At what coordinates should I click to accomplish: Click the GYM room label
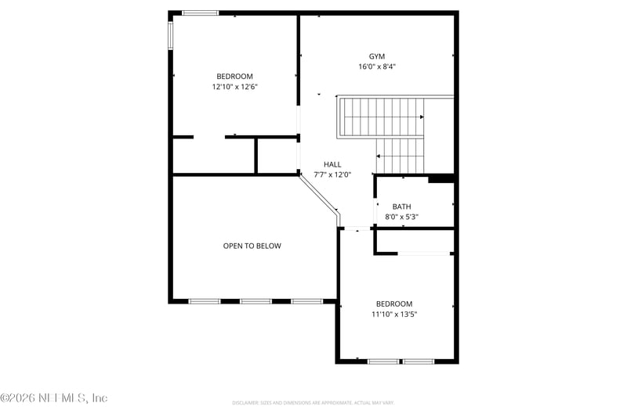[x=377, y=56]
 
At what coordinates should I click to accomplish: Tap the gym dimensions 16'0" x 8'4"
[x=377, y=67]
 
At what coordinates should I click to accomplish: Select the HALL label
[x=332, y=164]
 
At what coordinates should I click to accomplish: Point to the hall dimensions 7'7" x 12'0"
[x=332, y=174]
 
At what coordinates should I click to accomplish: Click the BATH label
[x=401, y=207]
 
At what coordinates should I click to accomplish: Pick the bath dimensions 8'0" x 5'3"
[x=401, y=217]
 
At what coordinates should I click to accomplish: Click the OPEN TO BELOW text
[x=252, y=246]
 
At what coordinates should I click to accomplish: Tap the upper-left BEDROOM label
[x=234, y=77]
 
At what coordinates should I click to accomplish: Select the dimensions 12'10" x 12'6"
[x=234, y=87]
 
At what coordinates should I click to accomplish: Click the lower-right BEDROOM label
[x=393, y=304]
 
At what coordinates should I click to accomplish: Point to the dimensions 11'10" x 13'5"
[x=393, y=315]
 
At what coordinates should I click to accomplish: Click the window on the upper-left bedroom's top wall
[x=200, y=13]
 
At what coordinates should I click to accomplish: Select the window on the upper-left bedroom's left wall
[x=171, y=35]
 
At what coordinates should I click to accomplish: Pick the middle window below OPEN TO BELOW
[x=256, y=301]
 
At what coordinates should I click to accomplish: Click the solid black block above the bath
[x=441, y=178]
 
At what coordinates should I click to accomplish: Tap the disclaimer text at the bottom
[x=313, y=403]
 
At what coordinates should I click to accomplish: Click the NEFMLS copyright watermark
[x=53, y=398]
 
